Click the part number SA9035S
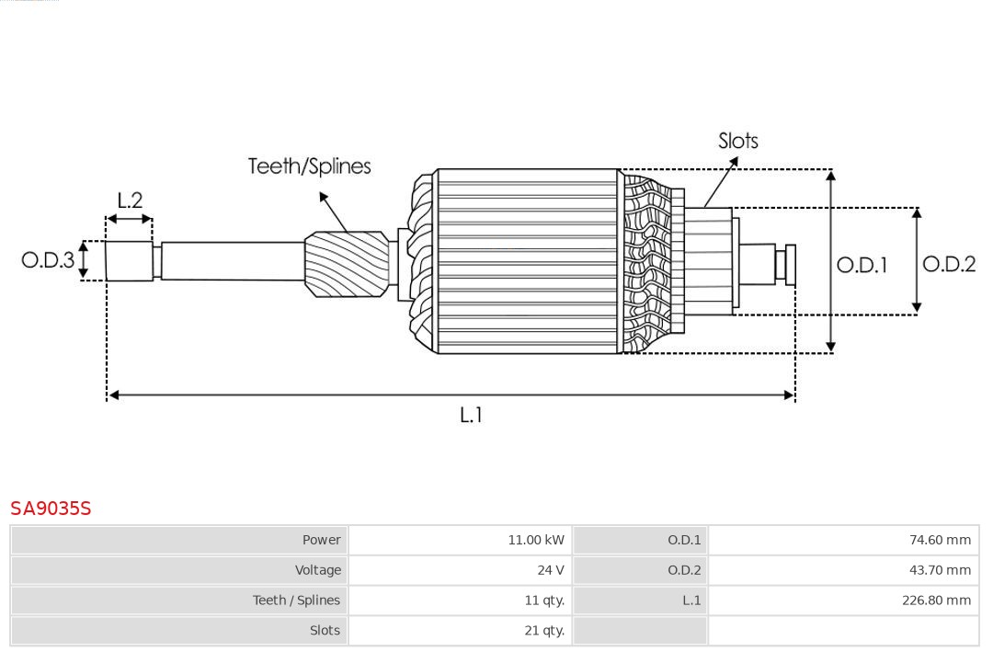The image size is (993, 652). point(51,509)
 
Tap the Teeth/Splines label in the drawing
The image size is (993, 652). point(309,166)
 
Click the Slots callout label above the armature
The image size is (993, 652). point(737,141)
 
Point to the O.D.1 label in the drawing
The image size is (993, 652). point(862,266)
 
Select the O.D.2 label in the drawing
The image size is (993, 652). point(949,265)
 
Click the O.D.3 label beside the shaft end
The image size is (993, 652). point(48,260)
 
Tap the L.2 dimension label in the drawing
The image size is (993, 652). point(130,200)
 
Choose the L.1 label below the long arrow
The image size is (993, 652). point(471,416)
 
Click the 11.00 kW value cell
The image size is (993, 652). point(535,540)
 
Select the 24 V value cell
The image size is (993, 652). point(550,570)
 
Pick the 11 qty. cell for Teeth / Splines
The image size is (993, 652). point(544,601)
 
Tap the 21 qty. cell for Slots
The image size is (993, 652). point(544,631)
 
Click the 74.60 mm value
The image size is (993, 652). point(940,540)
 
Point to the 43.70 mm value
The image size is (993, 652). point(940,570)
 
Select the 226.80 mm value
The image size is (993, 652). point(936,601)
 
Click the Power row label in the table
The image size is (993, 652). point(321,540)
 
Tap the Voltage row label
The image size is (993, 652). point(317,570)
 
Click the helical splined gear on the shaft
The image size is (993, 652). point(347,264)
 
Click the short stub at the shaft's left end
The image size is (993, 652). point(129,261)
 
